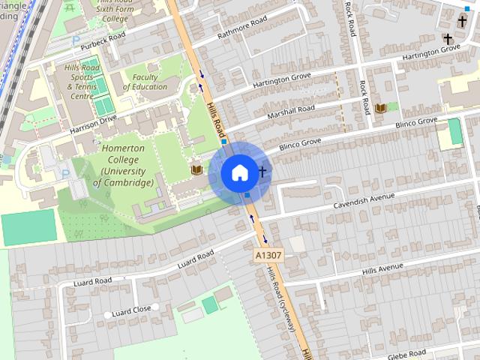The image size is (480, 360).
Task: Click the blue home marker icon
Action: tap(238, 172)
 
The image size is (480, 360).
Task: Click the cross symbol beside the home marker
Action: tap(262, 172)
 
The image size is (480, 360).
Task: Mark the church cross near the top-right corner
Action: tap(448, 39)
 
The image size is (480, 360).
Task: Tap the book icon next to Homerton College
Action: tap(196, 170)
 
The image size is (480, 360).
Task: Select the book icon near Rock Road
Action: tap(379, 109)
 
